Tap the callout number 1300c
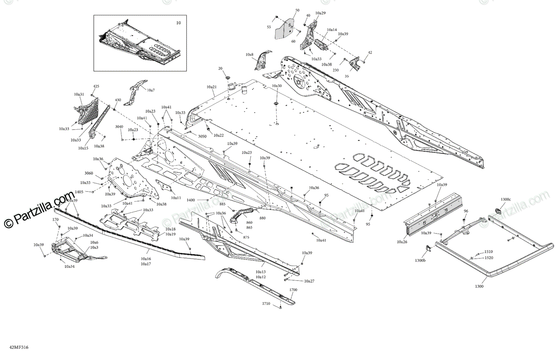coord(505,199)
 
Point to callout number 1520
coord(488,258)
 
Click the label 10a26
coord(402,241)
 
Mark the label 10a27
coord(309,281)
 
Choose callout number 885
coord(222,204)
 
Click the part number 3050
coord(202,137)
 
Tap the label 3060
coord(88,173)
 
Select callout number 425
coord(96,87)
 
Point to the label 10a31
coord(79,94)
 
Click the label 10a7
coord(151,90)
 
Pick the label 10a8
coord(249,55)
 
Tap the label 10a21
coord(211,87)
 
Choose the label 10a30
coord(277,86)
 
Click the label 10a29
coord(320,13)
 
